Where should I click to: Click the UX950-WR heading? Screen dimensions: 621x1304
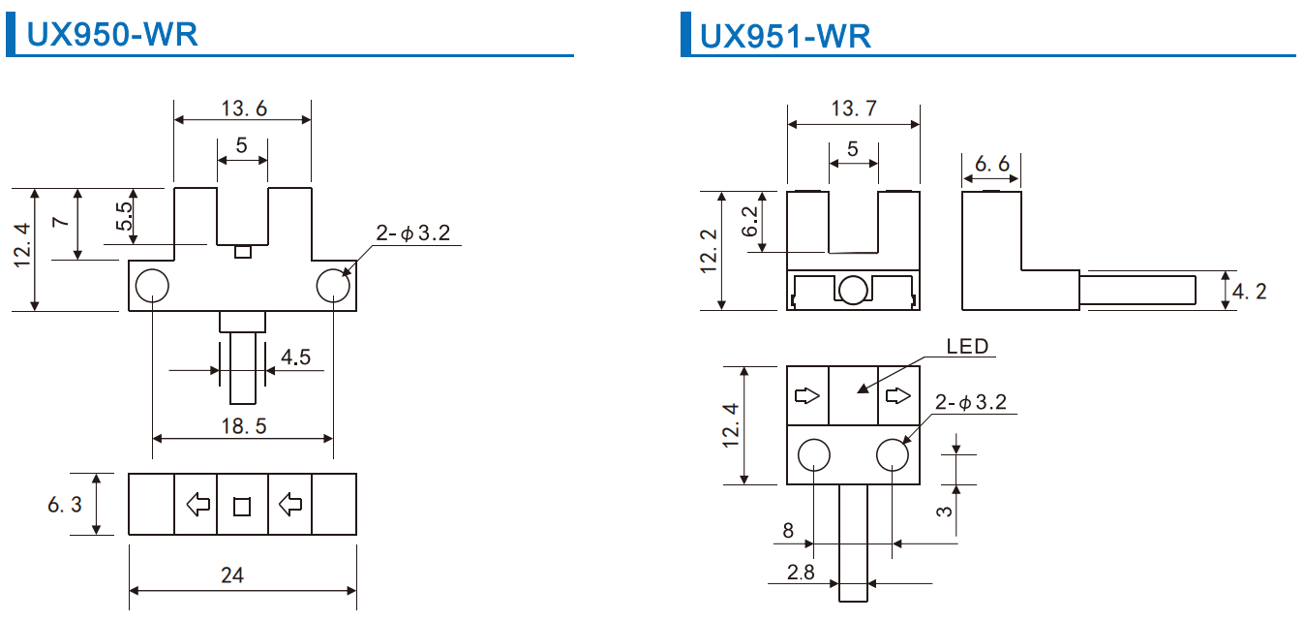(112, 35)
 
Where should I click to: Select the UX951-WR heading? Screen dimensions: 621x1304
(785, 36)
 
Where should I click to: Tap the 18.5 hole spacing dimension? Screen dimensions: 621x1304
(244, 426)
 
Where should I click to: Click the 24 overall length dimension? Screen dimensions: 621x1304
(232, 574)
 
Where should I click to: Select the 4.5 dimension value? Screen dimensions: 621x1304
(295, 357)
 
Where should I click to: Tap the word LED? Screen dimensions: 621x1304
(967, 347)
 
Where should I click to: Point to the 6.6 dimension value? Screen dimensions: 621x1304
(991, 165)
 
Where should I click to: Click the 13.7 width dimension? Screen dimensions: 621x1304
(854, 109)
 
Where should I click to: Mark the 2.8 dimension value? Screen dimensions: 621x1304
(801, 572)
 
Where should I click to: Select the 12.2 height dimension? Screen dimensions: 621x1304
(710, 251)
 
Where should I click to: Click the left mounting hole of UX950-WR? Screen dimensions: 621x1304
(152, 286)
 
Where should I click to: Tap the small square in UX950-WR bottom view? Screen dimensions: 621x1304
(242, 505)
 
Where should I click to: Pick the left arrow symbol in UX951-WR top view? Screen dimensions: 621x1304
(807, 395)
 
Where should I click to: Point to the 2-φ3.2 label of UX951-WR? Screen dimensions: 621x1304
(977, 402)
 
